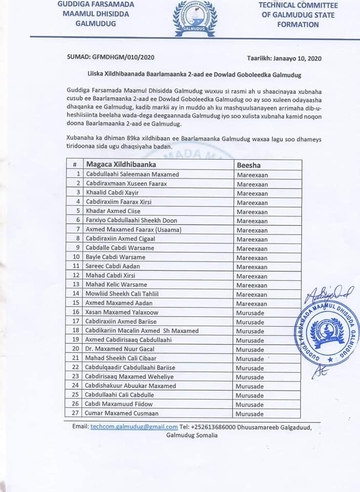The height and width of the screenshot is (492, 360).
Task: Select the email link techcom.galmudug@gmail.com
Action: (x=134, y=426)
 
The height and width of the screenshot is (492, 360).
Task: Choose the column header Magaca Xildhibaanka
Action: (x=121, y=165)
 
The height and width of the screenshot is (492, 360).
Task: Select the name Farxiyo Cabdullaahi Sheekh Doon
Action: (x=132, y=220)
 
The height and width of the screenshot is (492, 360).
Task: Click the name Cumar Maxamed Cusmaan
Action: (x=122, y=413)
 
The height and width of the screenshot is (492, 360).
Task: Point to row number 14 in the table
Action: (x=75, y=294)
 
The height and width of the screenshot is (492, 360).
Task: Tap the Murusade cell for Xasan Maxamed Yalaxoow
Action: (x=250, y=312)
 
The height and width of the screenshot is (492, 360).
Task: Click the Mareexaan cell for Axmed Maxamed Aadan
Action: (x=252, y=303)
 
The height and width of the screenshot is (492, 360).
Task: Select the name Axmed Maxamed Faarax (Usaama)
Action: (x=134, y=230)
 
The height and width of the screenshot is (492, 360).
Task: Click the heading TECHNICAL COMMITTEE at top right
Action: (x=298, y=5)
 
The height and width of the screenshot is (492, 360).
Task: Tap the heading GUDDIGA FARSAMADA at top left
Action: (x=95, y=5)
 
